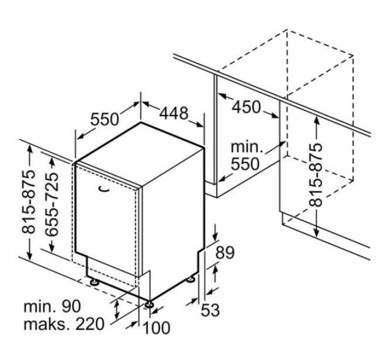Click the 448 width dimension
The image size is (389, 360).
[x=174, y=113]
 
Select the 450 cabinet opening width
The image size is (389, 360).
[x=247, y=107]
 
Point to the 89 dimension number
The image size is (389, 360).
[x=225, y=253]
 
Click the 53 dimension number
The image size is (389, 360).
[x=210, y=310]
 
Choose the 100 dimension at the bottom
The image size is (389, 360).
[x=157, y=327]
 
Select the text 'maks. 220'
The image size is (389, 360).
[x=63, y=324]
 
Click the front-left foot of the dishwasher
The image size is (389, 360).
[x=94, y=282]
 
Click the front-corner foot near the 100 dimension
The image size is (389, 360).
[x=149, y=304]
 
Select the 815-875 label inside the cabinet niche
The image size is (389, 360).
[x=316, y=175]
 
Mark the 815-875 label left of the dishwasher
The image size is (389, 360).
[x=28, y=202]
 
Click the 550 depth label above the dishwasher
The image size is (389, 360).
[x=105, y=119]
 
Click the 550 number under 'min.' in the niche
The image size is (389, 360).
[x=245, y=163]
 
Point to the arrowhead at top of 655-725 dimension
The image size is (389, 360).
[x=52, y=162]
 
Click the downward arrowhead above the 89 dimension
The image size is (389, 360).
[x=215, y=235]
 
